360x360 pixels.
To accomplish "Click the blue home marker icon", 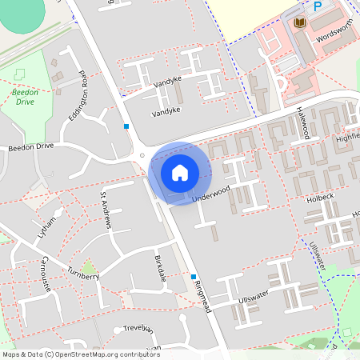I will (x=180, y=173).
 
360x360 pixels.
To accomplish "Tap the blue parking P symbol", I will (x=318, y=6).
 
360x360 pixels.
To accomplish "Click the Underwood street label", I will (x=211, y=192).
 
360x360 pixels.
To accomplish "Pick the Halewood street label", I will (x=302, y=123).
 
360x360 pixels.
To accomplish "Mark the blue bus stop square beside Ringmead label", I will (x=193, y=277).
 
